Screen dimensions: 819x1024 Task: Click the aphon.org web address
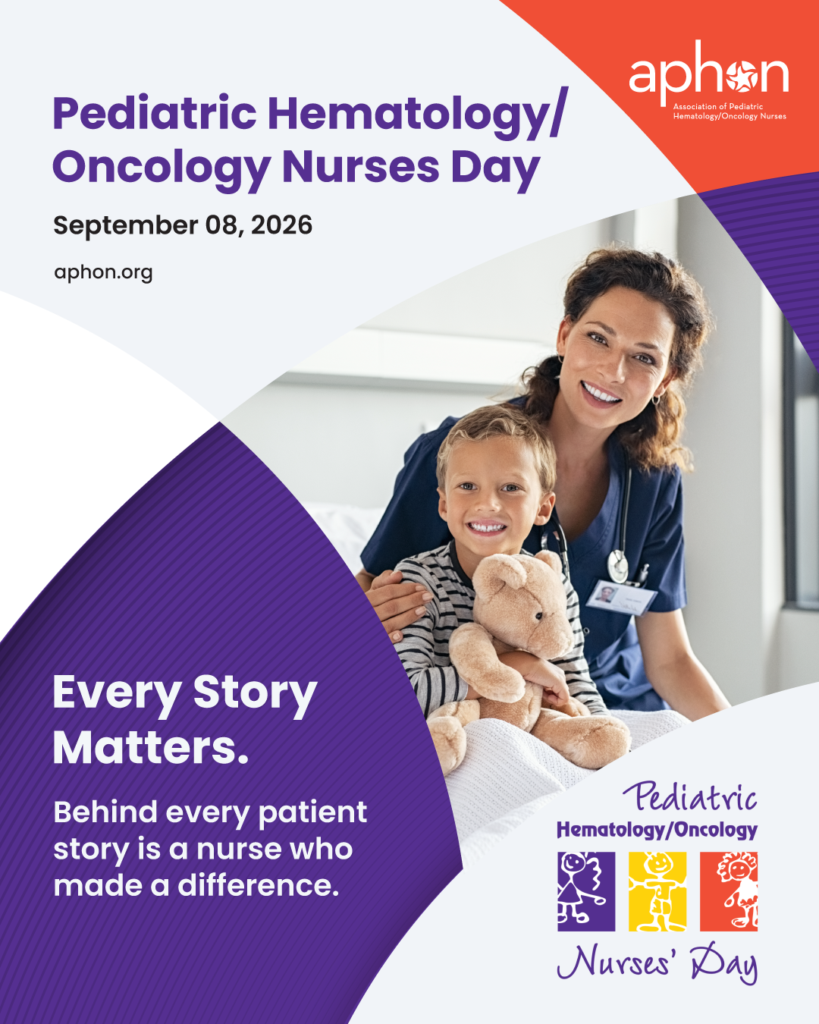103,272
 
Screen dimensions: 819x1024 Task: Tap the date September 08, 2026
183,225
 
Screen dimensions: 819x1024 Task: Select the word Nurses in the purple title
361,168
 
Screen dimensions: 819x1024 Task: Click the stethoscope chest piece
618,566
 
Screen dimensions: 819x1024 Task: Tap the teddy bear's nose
538,616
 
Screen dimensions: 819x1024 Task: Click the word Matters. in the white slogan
150,748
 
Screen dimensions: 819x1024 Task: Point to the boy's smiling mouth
485,527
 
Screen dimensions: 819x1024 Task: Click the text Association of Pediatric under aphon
717,107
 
